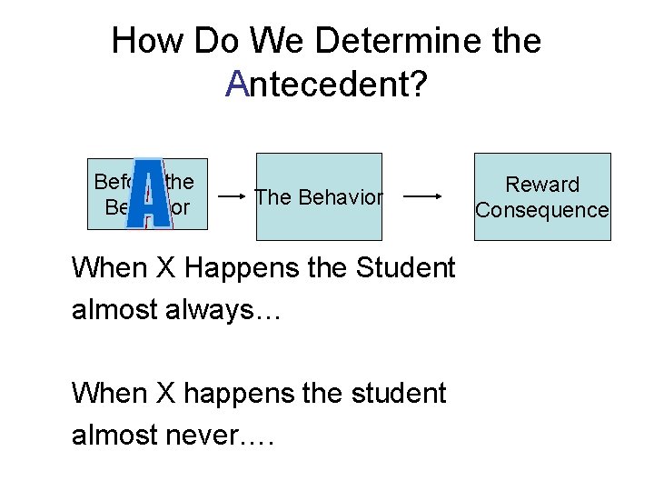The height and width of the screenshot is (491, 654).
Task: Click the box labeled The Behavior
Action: pos(318,196)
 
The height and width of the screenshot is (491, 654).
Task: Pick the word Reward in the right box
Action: pos(542,185)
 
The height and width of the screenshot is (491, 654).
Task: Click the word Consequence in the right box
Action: pos(542,210)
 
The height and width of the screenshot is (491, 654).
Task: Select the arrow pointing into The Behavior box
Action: pos(233,196)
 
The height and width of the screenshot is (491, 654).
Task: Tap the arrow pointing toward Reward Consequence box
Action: pos(422,196)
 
